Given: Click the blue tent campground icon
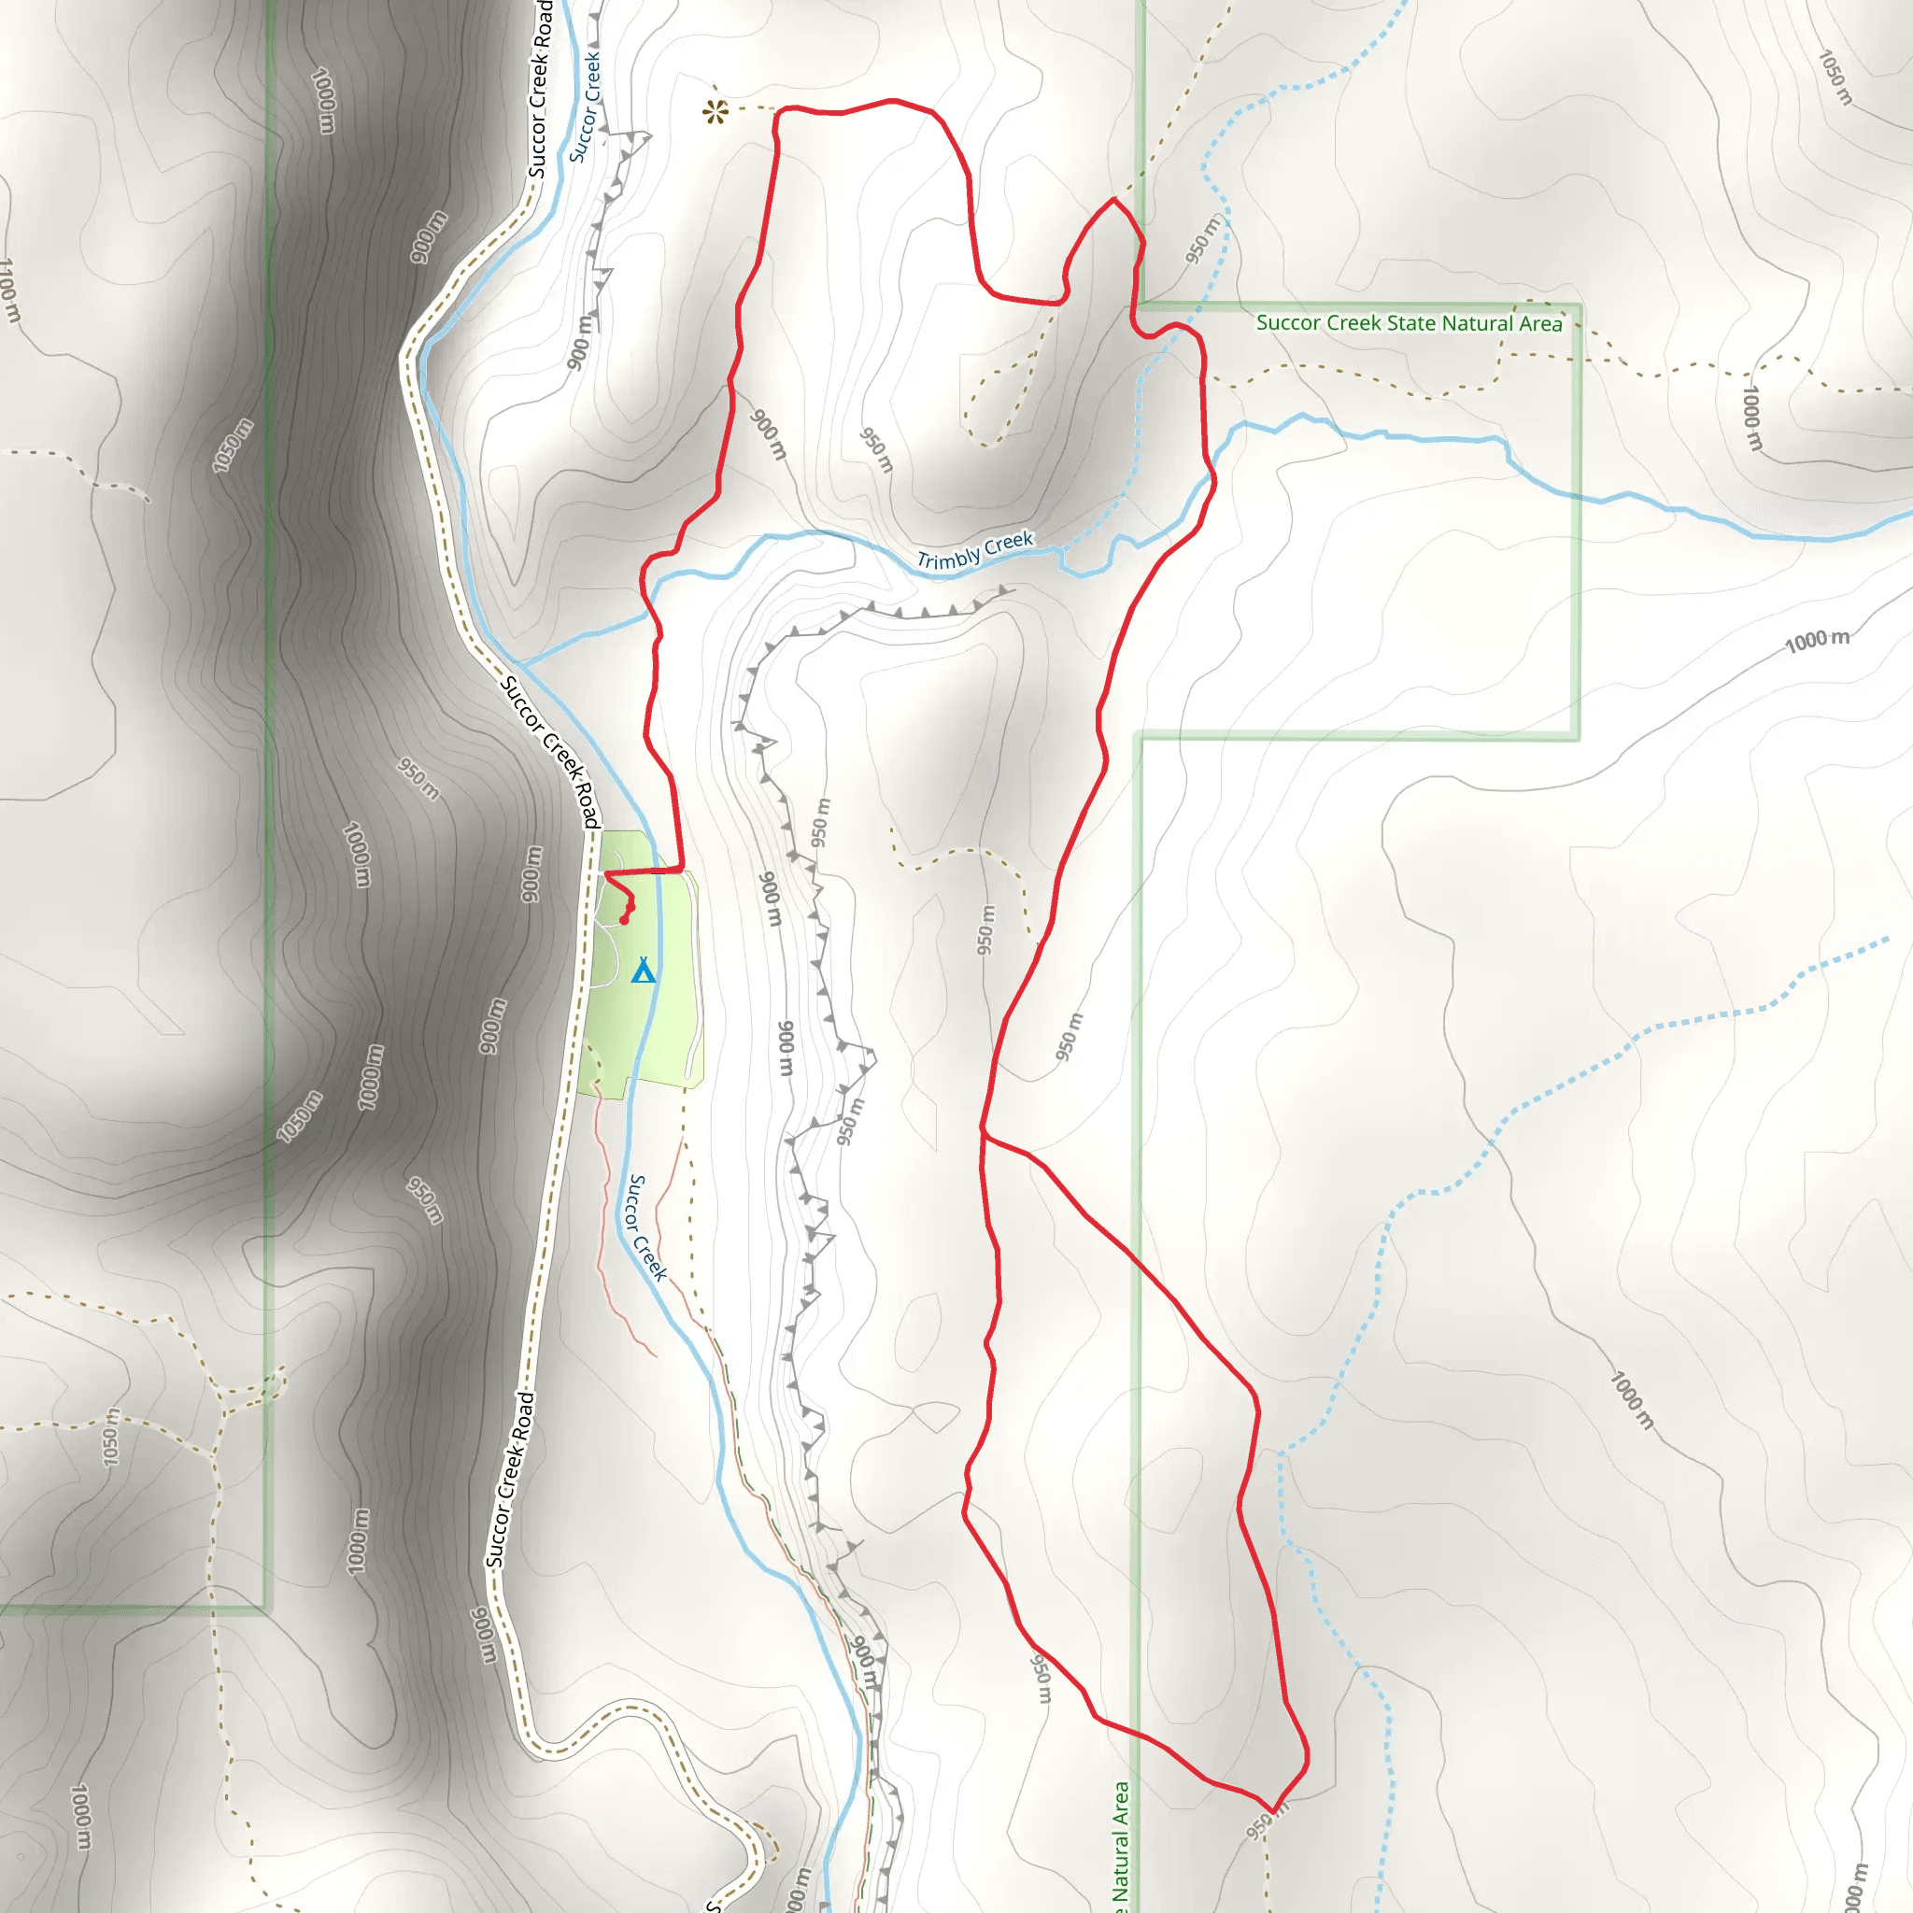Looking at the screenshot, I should (x=644, y=970).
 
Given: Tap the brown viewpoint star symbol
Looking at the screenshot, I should (x=715, y=111).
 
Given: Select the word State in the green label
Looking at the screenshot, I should (x=1412, y=323).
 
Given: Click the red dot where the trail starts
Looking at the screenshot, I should (x=624, y=920).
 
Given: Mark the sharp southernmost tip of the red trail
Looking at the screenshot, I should (x=1272, y=1811).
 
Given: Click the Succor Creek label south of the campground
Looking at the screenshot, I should (x=647, y=1227).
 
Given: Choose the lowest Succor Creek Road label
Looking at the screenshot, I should (x=511, y=1480).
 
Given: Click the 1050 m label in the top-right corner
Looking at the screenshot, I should (x=1835, y=78).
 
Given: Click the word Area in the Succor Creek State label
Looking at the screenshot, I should (x=1539, y=324).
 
